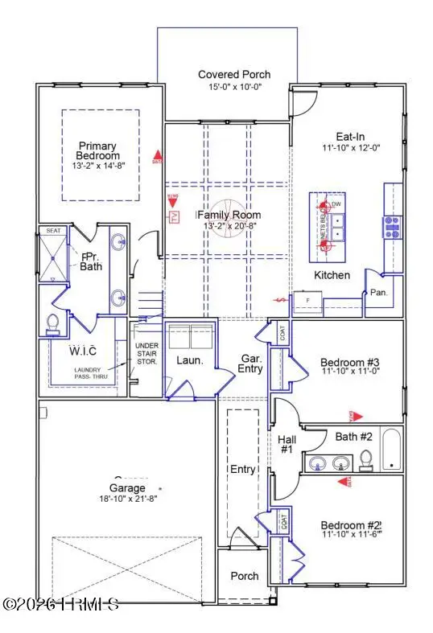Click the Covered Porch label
(x=234, y=75)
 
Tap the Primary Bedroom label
(x=98, y=150)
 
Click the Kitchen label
(x=332, y=275)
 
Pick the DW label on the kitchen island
(x=337, y=204)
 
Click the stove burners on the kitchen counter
(x=392, y=226)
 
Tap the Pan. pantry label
(x=378, y=293)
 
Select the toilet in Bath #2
(x=365, y=459)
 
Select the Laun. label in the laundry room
(x=190, y=362)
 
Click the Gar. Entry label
(x=248, y=364)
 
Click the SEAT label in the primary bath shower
(x=53, y=230)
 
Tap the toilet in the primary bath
(x=55, y=323)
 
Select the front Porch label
(x=245, y=576)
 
